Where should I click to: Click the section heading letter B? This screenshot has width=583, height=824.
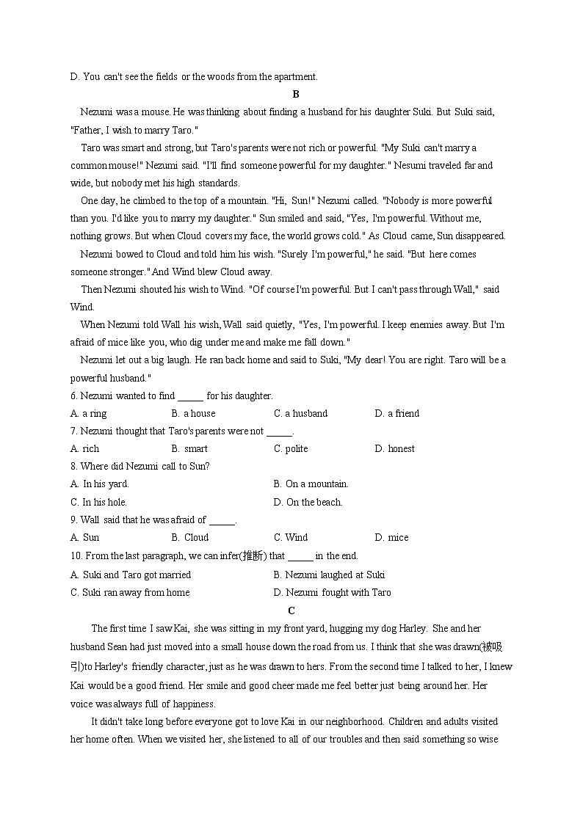click(295, 94)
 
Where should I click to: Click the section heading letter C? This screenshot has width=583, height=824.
click(291, 610)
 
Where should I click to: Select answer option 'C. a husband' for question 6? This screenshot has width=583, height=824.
click(300, 414)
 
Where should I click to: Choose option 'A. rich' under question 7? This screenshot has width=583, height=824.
click(84, 449)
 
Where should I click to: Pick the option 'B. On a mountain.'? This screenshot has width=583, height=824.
click(311, 484)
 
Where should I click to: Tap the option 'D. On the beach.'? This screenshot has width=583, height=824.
click(308, 503)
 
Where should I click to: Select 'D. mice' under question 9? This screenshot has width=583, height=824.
click(391, 538)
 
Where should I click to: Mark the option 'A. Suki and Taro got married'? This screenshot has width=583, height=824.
click(130, 575)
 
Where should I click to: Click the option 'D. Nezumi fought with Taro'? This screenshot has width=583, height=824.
click(332, 593)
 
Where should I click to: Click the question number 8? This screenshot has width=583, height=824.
click(73, 467)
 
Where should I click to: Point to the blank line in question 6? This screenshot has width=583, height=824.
click(190, 397)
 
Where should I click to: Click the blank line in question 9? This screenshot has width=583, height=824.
click(222, 521)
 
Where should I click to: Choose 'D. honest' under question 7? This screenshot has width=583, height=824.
click(394, 449)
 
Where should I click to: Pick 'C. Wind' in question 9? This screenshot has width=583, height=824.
click(291, 538)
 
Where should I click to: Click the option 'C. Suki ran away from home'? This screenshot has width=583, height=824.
click(129, 593)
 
